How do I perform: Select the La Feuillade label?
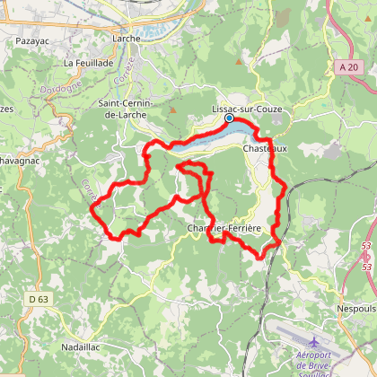click(89, 64)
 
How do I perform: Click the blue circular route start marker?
click(229, 118)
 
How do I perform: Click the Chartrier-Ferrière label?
click(224, 228)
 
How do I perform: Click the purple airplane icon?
click(313, 342)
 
